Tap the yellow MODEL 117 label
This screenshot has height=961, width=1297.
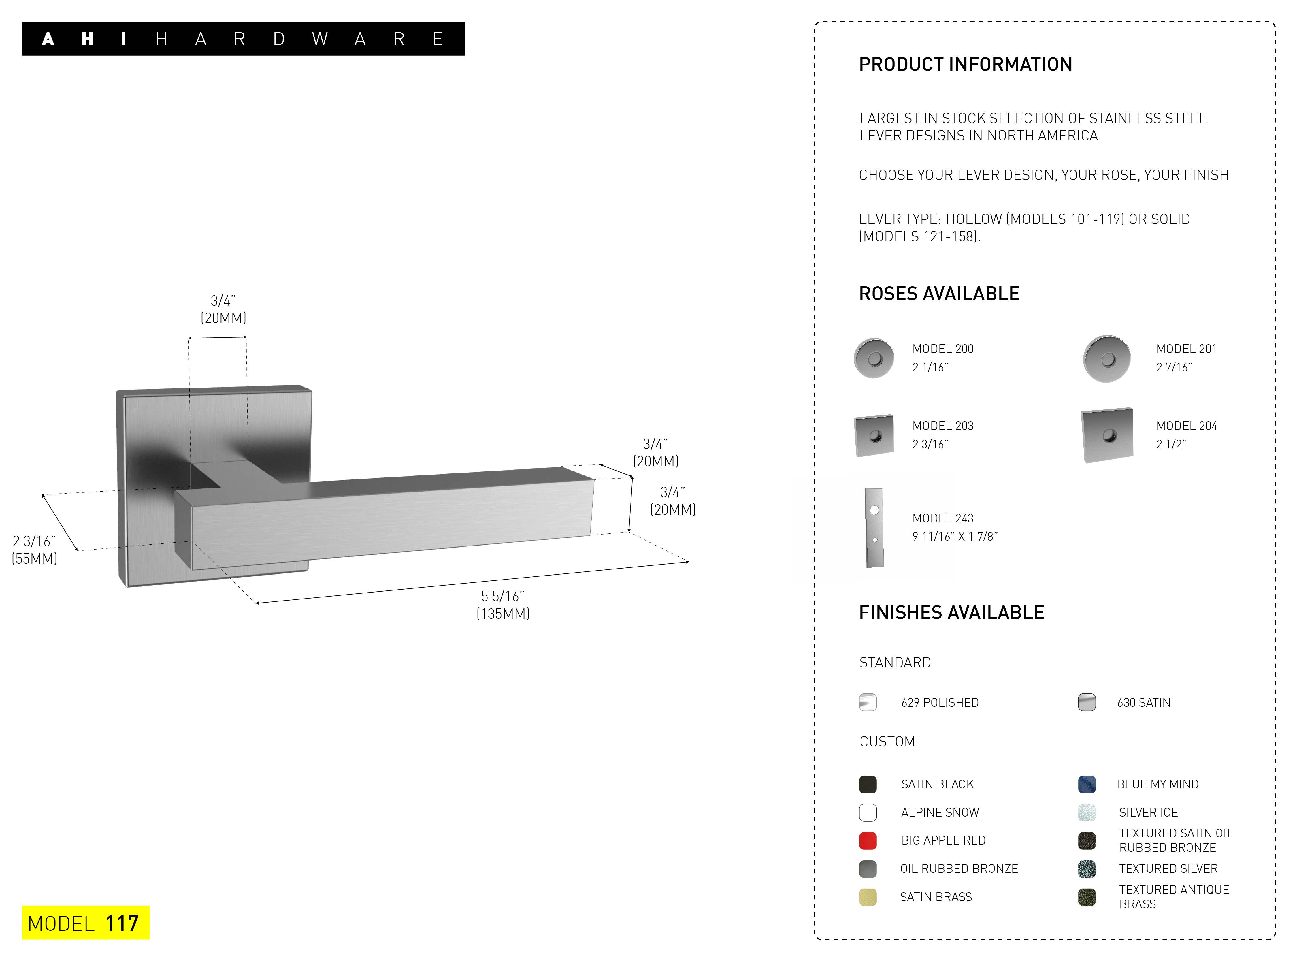coord(86,923)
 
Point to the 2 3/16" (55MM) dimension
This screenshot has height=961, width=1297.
coord(34,550)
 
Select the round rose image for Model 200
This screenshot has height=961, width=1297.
coord(874,358)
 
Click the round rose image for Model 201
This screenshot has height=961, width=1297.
coord(1107,358)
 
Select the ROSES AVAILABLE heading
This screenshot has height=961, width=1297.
coord(939,294)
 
